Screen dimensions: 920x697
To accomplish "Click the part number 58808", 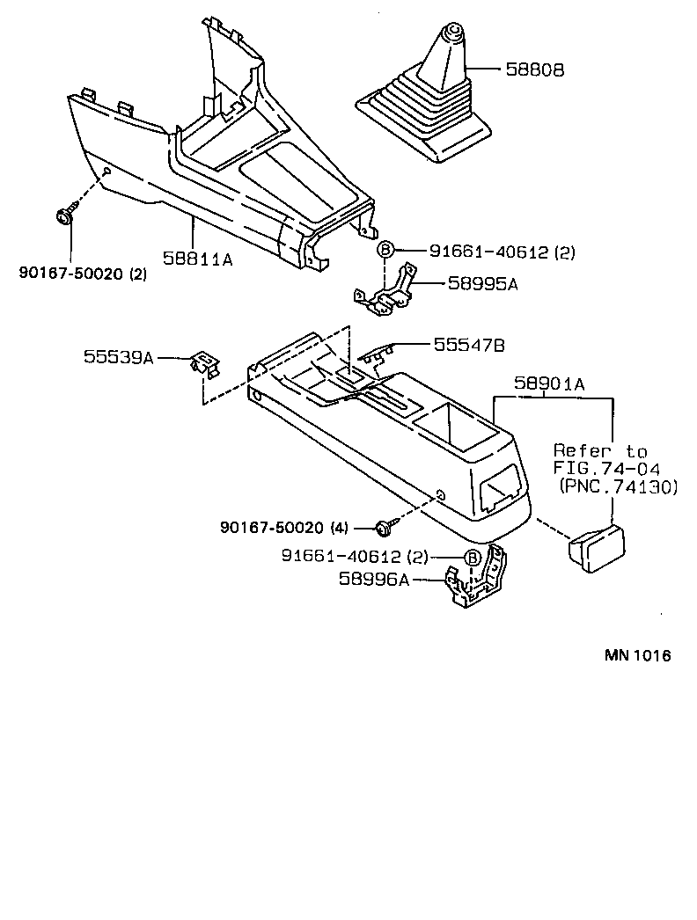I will tap(534, 69).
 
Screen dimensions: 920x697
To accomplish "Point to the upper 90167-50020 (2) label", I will tap(83, 273).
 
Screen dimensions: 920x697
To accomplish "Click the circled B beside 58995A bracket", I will tap(385, 251).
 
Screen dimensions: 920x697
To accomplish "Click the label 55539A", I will tap(119, 357).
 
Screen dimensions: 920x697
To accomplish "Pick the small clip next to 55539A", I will tap(203, 362).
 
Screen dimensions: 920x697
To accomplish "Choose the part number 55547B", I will tap(469, 346).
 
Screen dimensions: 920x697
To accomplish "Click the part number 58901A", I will tap(550, 384).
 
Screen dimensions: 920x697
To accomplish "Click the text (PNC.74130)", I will tap(618, 485).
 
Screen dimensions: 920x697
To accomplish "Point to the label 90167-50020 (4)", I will tap(284, 528).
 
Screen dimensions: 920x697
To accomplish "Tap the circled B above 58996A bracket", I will tap(472, 558).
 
